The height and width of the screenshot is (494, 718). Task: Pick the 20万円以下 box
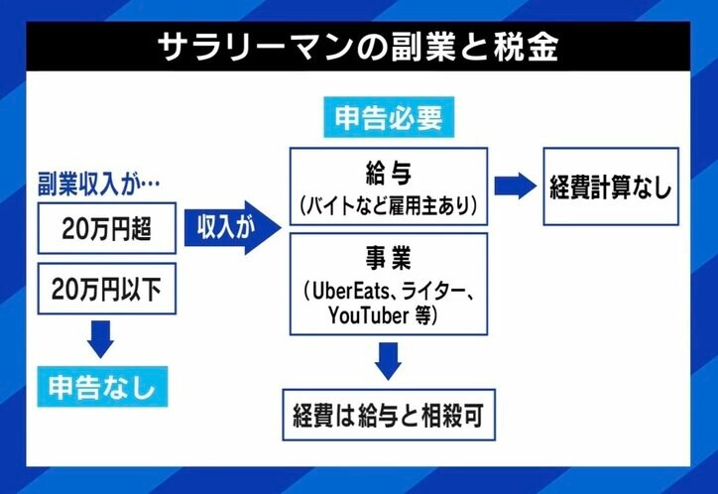point(107,290)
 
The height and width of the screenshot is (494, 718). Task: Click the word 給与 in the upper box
point(388,170)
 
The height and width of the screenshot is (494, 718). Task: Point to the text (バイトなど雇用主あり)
point(388,204)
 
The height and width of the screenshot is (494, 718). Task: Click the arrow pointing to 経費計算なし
point(514,185)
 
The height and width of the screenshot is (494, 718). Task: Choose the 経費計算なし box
point(610,186)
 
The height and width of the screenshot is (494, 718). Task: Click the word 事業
point(388,259)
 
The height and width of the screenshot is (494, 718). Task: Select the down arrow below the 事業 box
point(389,360)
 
